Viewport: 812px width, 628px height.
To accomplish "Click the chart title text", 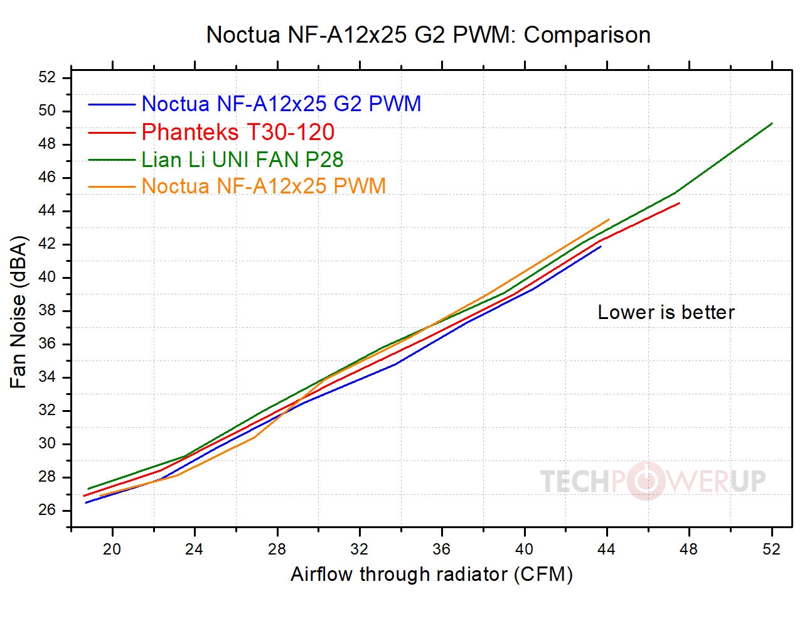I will pos(428,35).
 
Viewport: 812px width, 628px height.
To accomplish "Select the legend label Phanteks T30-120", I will pos(238,133).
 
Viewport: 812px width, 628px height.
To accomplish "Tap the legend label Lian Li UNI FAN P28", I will pos(242,160).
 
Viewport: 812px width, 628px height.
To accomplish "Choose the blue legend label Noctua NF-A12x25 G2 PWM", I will pos(281,104).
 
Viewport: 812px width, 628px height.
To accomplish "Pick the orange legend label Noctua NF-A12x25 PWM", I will pos(264,187).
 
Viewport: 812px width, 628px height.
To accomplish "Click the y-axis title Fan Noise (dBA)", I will pos(19,312).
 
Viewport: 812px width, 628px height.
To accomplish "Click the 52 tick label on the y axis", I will pos(47,77).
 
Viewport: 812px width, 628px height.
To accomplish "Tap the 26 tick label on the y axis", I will pos(47,510).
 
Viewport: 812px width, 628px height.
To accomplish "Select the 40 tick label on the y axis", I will pos(47,277).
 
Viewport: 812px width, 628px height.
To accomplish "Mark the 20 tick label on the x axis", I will pos(112,549).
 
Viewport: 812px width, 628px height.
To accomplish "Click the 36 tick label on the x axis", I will pos(441,549).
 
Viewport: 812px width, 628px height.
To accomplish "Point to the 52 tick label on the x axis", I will pos(771,549).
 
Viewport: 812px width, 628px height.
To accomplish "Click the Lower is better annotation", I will pos(666,312).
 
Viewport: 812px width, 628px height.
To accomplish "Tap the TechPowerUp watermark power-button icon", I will pos(646,481).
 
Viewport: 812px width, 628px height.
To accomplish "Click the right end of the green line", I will pos(771,124).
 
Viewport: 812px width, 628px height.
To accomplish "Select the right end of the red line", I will pos(679,203).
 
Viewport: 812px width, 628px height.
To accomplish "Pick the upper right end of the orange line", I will pos(609,220).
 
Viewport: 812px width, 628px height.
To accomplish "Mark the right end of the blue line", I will pos(601,246).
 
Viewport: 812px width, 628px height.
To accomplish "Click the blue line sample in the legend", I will pos(112,104).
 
